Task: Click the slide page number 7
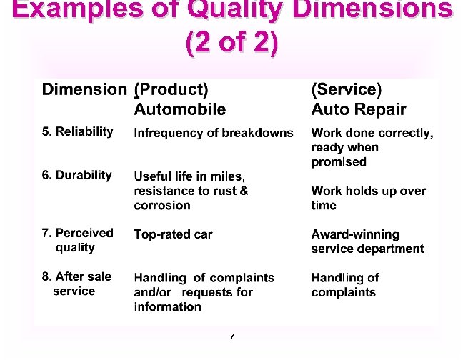(x=231, y=337)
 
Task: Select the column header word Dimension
(x=84, y=89)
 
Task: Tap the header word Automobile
(x=179, y=109)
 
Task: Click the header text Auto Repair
(x=358, y=109)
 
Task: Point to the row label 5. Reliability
(x=77, y=131)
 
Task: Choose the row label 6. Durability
(x=76, y=175)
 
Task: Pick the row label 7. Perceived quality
(x=77, y=240)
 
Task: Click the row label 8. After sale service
(x=76, y=284)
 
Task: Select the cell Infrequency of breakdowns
(x=213, y=133)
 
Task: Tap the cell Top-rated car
(x=173, y=234)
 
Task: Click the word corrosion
(x=162, y=206)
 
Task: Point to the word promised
(x=339, y=162)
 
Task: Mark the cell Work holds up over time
(x=368, y=198)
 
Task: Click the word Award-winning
(x=355, y=234)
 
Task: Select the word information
(x=167, y=307)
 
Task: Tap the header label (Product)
(x=171, y=89)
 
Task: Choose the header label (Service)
(x=347, y=89)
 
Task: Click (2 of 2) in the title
(x=231, y=43)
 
